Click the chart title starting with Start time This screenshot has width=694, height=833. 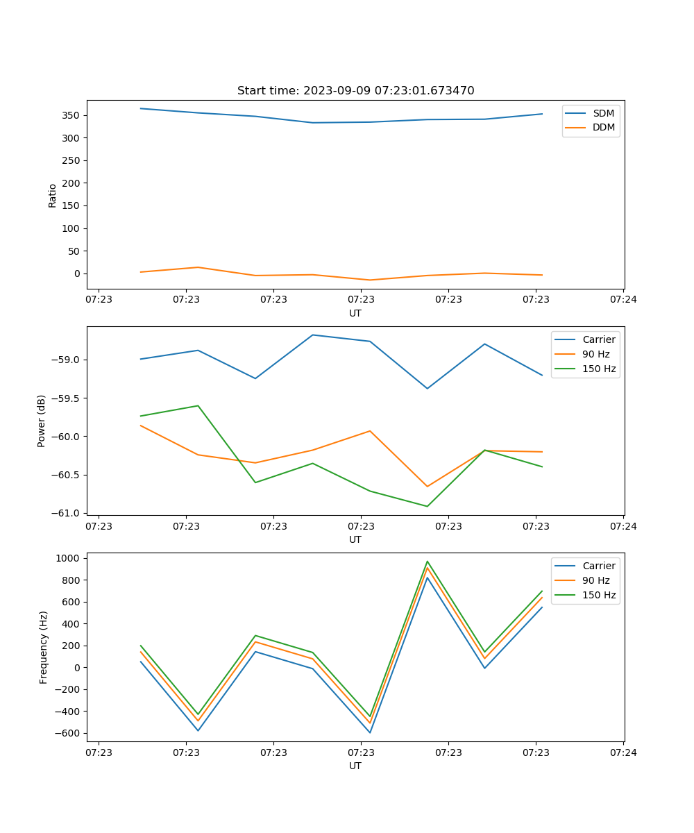pyautogui.click(x=355, y=91)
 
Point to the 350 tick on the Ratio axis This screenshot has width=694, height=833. pyautogui.click(x=73, y=115)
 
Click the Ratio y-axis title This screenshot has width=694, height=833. pyautogui.click(x=53, y=195)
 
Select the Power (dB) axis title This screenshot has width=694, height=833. pyautogui.click(x=42, y=421)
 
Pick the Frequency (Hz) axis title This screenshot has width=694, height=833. pyautogui.click(x=44, y=647)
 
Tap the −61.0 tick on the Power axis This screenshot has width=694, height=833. pyautogui.click(x=67, y=513)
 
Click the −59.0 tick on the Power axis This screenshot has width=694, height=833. pyautogui.click(x=67, y=360)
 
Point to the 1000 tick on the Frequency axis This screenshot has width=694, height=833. pyautogui.click(x=71, y=558)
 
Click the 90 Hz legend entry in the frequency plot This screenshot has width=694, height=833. pyautogui.click(x=595, y=580)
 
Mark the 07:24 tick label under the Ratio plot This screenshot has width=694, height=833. pyautogui.click(x=623, y=300)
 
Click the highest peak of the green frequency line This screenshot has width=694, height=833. pyautogui.click(x=428, y=562)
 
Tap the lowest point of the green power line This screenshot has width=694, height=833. pyautogui.click(x=428, y=506)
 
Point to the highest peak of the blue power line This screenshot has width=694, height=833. pyautogui.click(x=312, y=335)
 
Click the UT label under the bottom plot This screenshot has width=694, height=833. pyautogui.click(x=355, y=766)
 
